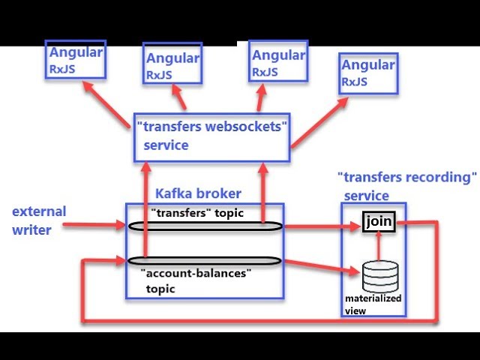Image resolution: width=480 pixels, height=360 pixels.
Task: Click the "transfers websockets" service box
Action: (x=211, y=136)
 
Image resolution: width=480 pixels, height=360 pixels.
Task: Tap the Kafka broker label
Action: (x=198, y=193)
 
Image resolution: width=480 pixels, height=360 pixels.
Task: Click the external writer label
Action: (x=39, y=220)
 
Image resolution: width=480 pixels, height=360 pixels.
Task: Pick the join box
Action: (x=379, y=221)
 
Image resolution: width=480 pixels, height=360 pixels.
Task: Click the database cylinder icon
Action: (x=380, y=275)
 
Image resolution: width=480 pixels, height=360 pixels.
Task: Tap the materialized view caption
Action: (x=373, y=304)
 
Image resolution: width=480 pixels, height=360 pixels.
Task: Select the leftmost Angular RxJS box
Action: (x=76, y=60)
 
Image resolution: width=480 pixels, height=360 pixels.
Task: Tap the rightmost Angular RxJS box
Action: (x=368, y=73)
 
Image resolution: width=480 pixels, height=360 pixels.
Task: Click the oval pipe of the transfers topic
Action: (x=204, y=226)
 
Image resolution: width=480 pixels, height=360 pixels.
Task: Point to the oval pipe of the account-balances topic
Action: (x=204, y=260)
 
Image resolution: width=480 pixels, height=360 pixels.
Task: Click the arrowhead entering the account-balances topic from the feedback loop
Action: (x=120, y=260)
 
